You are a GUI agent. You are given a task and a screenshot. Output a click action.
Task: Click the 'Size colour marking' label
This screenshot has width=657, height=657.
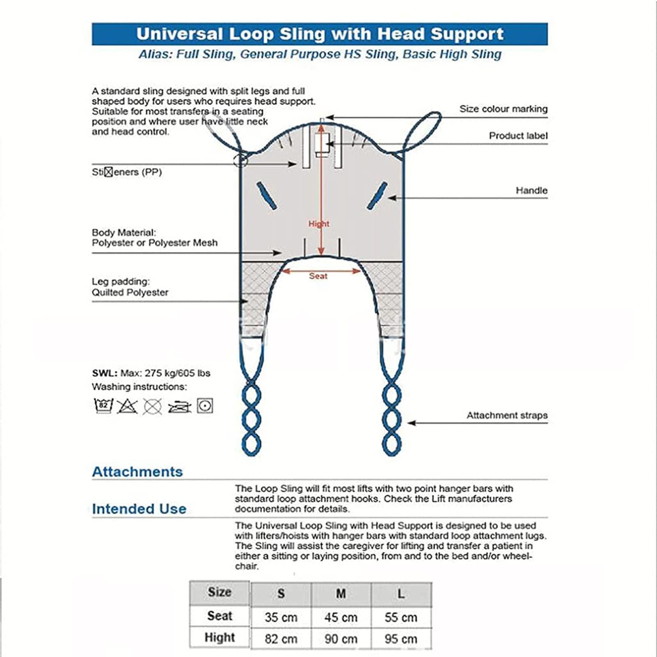point(503,109)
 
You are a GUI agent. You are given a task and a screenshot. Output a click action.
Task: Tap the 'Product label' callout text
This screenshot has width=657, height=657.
point(518,136)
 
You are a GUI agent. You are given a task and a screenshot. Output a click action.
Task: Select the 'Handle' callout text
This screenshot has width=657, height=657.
point(531,190)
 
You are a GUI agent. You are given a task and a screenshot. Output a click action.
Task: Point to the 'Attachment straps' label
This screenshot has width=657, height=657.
point(507,415)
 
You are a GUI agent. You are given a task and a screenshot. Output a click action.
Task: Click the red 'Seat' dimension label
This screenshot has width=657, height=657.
point(318,276)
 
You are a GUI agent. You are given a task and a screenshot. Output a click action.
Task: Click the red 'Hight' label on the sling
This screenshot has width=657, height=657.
point(319,224)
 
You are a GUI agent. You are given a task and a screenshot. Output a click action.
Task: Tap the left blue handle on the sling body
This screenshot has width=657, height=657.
point(267,196)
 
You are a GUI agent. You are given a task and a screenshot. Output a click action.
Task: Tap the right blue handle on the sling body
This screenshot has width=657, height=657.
point(377,196)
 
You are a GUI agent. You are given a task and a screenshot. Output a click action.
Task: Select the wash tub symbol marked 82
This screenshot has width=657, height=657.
point(103,406)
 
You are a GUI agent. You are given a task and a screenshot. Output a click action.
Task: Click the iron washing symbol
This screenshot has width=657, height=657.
point(179,407)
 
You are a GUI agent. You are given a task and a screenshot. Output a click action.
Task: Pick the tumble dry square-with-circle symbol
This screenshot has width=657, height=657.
point(205,406)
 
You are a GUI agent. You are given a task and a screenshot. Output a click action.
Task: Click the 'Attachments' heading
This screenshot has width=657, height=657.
point(137,472)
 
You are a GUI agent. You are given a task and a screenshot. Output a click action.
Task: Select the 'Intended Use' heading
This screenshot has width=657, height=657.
point(139,509)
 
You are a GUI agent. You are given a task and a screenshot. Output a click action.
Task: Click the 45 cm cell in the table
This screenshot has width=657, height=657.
point(341,617)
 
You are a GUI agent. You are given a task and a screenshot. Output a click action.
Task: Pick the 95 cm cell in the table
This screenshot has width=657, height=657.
point(401,639)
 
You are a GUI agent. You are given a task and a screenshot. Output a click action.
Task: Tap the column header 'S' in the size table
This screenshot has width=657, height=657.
point(281,594)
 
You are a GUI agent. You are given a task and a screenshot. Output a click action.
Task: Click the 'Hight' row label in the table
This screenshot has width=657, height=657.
point(220,638)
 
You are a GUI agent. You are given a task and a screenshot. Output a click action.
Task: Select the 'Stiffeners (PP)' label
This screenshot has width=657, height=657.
point(127,172)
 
